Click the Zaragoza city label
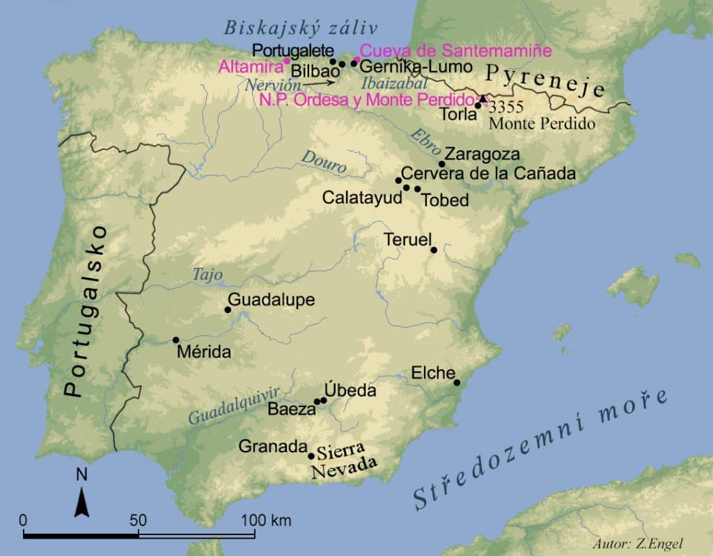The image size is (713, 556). (482, 154)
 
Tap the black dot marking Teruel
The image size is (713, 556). (434, 250)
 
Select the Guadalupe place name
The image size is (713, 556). (272, 300)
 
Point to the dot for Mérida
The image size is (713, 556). (175, 340)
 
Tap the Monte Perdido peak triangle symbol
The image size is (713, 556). (483, 99)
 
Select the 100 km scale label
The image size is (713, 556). (267, 520)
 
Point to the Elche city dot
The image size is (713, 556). (457, 382)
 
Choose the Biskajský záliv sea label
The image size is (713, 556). (300, 29)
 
